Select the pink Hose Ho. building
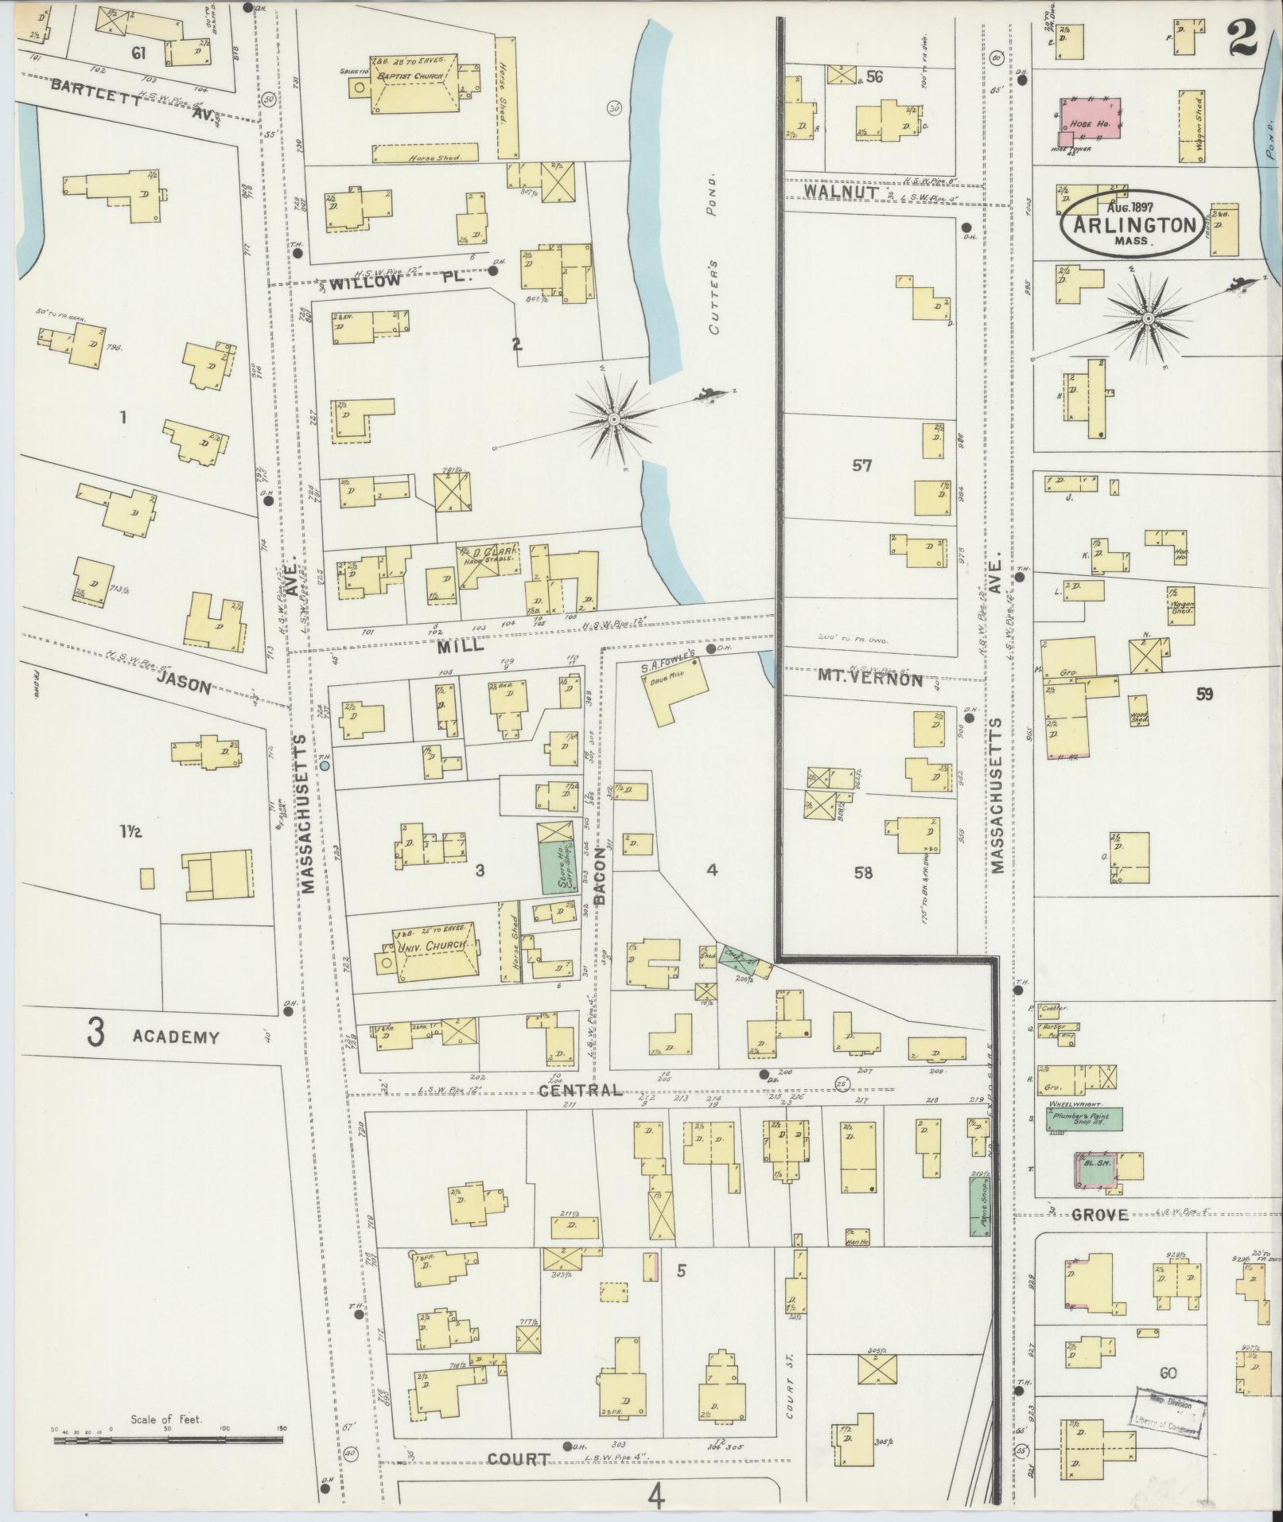[1090, 119]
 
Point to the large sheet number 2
[1246, 37]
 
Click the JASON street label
[184, 683]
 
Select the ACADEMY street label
[175, 1037]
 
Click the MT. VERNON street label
[869, 679]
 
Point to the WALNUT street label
[840, 193]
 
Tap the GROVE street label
[1099, 1214]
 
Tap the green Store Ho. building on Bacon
[557, 867]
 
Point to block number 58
[862, 873]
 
